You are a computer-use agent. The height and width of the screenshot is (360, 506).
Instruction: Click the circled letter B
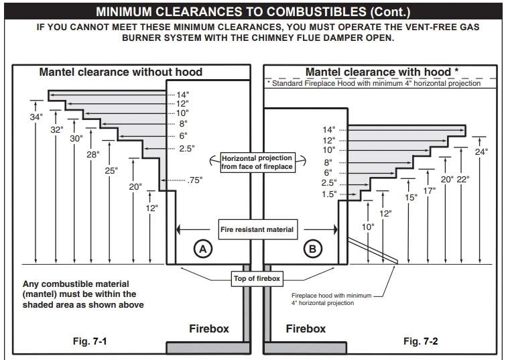tap(312, 249)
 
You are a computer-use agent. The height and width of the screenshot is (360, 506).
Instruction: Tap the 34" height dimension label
tap(36, 117)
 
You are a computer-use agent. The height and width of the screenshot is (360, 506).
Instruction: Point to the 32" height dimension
tap(56, 129)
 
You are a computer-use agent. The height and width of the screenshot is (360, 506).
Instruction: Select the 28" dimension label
tap(92, 154)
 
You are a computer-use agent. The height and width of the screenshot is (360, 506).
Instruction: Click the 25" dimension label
tap(111, 170)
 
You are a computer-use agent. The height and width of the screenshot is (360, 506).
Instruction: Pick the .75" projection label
tap(195, 180)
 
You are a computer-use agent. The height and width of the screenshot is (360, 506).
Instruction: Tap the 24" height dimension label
tap(481, 152)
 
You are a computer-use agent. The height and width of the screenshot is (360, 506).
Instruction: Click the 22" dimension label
tap(463, 179)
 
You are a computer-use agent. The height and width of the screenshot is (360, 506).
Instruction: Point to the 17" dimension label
tap(429, 190)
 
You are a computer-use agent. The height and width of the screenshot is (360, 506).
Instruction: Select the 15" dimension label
tap(411, 198)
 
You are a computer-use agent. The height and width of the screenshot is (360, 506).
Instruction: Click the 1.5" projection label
tap(329, 194)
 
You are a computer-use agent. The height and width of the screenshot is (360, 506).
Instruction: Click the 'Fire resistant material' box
tap(256, 229)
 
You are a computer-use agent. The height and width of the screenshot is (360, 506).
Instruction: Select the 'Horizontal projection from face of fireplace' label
tap(257, 162)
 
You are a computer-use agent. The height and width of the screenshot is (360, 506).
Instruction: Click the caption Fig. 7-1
tap(90, 341)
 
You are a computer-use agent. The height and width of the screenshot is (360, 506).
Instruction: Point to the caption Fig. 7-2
tap(421, 341)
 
